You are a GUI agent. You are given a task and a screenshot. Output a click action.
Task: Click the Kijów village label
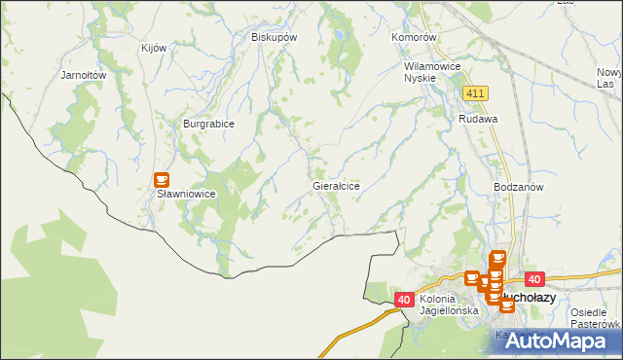tap(155, 48)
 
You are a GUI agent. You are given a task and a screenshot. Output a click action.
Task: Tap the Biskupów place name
tap(274, 37)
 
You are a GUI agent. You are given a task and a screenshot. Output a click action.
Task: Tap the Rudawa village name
tap(478, 119)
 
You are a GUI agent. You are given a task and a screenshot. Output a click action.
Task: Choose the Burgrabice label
tap(209, 124)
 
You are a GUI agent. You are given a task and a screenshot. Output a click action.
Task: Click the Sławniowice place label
tap(186, 194)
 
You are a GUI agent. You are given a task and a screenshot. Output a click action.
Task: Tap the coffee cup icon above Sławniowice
tap(162, 180)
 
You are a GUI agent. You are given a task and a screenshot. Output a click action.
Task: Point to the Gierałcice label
tap(336, 185)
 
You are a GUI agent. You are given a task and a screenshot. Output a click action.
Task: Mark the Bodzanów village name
tap(518, 186)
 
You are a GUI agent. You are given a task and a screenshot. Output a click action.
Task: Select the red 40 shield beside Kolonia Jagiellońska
tap(404, 300)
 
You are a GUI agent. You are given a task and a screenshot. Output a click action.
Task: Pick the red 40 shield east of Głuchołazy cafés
tap(532, 278)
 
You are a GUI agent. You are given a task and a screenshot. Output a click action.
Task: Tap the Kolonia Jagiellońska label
tap(449, 305)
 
